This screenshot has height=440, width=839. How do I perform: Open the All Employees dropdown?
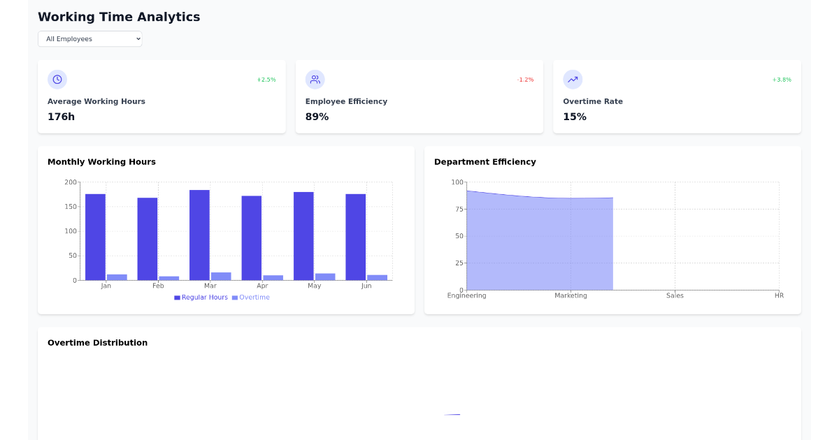[x=89, y=39]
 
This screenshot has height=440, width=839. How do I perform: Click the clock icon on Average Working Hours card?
[x=57, y=80]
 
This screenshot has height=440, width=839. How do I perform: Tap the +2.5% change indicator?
[x=266, y=80]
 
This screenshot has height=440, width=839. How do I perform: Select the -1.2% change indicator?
[x=525, y=80]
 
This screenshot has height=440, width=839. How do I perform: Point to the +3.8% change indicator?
[x=782, y=80]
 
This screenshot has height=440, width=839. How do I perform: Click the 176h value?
[x=61, y=117]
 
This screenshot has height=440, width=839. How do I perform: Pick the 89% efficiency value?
[x=317, y=117]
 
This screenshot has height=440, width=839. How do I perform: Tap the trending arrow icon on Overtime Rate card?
[x=573, y=80]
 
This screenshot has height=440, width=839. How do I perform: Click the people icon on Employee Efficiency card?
[x=315, y=80]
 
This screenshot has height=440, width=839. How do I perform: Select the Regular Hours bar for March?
[x=199, y=235]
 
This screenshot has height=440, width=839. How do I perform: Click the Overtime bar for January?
[x=117, y=277]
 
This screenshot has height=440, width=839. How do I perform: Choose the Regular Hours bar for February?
[x=148, y=239]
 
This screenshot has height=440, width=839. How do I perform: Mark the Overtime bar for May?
[x=325, y=277]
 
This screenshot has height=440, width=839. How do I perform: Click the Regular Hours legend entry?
[x=201, y=298]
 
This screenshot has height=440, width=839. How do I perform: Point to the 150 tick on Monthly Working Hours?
[x=71, y=207]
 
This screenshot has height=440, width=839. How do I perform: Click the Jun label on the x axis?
[x=366, y=286]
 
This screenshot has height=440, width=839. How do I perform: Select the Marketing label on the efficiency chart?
[x=571, y=295]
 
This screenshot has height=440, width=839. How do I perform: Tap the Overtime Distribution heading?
[x=97, y=343]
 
